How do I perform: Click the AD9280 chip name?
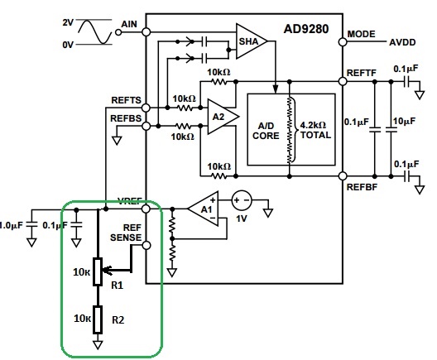click(306, 29)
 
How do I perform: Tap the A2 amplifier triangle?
click(223, 117)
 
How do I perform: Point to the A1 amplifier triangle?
click(204, 209)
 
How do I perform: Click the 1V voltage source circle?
click(242, 200)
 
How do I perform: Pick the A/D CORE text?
click(266, 131)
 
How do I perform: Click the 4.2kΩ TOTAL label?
click(315, 130)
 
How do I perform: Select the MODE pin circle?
click(343, 42)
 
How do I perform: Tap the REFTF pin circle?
click(343, 81)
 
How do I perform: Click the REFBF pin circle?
click(343, 176)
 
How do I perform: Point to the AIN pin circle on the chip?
click(146, 32)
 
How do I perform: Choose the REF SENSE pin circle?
click(146, 246)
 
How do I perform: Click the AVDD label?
click(402, 42)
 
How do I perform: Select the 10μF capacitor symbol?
click(391, 129)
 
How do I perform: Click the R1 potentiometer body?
click(98, 271)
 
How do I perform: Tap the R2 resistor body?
click(98, 319)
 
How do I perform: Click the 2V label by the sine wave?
click(68, 22)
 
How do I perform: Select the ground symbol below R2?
click(98, 345)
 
